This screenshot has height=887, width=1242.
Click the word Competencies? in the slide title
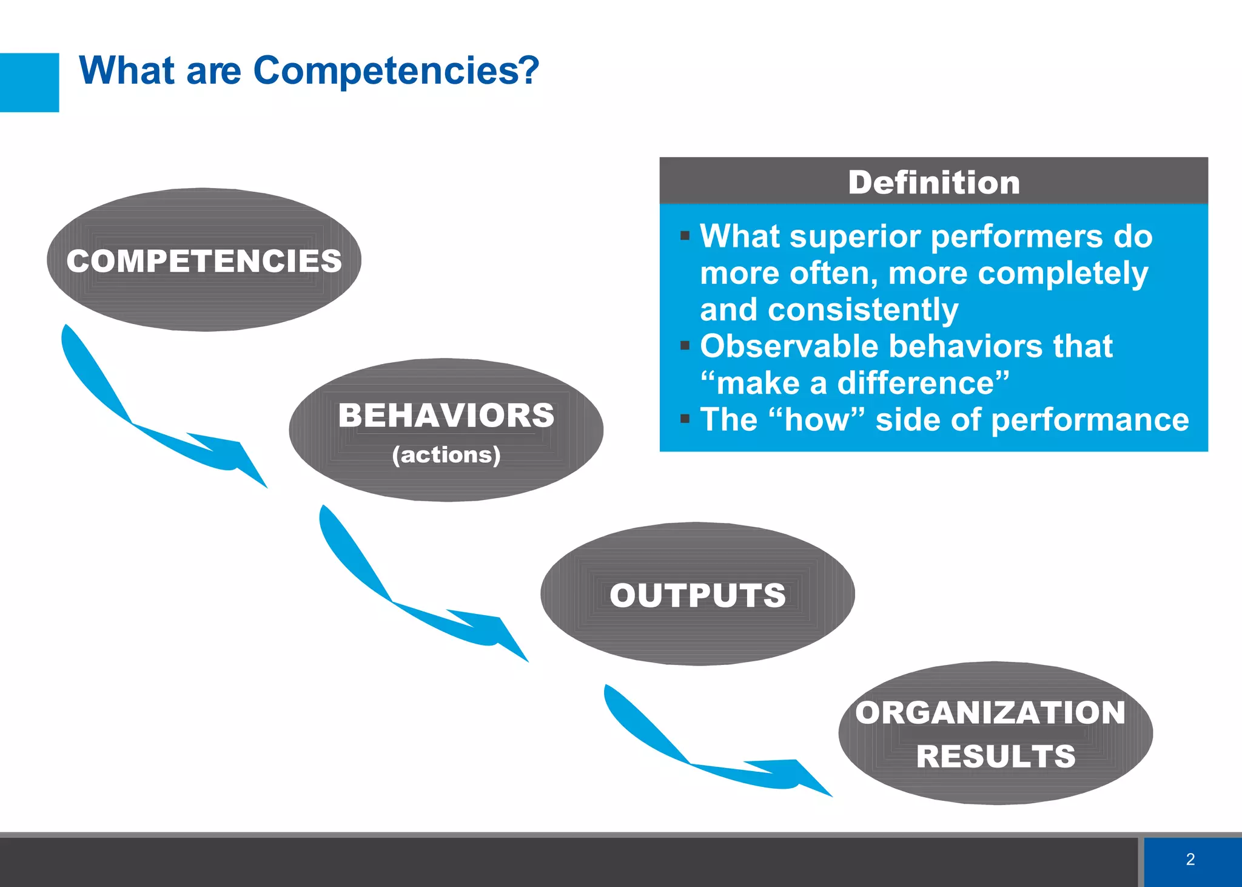395,71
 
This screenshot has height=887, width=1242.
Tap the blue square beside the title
29,83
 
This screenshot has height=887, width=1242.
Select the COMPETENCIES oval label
204,261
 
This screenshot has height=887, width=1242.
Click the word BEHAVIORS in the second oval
446,416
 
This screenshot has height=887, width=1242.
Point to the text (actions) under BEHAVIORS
446,454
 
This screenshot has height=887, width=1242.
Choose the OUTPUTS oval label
697,595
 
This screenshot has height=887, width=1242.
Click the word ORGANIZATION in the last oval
990,712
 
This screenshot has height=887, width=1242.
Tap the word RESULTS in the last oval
996,756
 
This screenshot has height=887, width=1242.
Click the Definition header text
934,182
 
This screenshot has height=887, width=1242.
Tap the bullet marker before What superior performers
685,236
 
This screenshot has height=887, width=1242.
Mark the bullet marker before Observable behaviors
685,346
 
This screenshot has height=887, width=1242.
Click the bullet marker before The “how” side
685,419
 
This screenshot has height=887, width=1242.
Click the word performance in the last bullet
1090,420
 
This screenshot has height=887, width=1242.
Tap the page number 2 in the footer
1190,859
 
